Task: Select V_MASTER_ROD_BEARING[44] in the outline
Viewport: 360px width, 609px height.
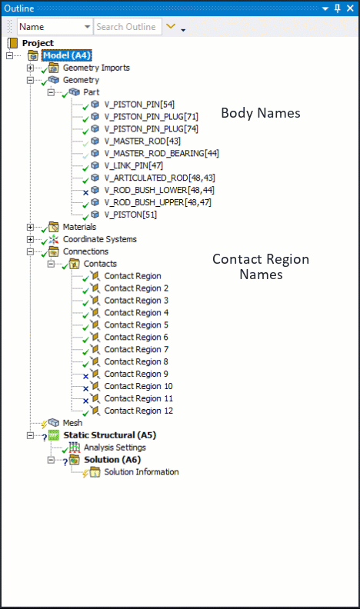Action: click(x=162, y=153)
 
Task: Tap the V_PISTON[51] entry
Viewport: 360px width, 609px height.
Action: click(x=132, y=215)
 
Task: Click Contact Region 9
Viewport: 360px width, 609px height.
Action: click(x=132, y=374)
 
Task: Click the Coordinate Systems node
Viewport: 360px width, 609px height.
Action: click(x=99, y=239)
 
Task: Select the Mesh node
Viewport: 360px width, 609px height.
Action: click(x=72, y=423)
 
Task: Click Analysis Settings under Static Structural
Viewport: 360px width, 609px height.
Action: click(x=115, y=448)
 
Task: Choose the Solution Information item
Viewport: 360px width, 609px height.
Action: click(x=141, y=472)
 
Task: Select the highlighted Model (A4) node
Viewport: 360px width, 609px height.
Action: click(x=68, y=55)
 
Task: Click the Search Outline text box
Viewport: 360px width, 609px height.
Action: click(x=127, y=27)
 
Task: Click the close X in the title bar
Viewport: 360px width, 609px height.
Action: click(x=350, y=8)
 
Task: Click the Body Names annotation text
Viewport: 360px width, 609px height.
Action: click(x=261, y=113)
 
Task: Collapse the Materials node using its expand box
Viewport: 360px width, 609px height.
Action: click(x=30, y=227)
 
